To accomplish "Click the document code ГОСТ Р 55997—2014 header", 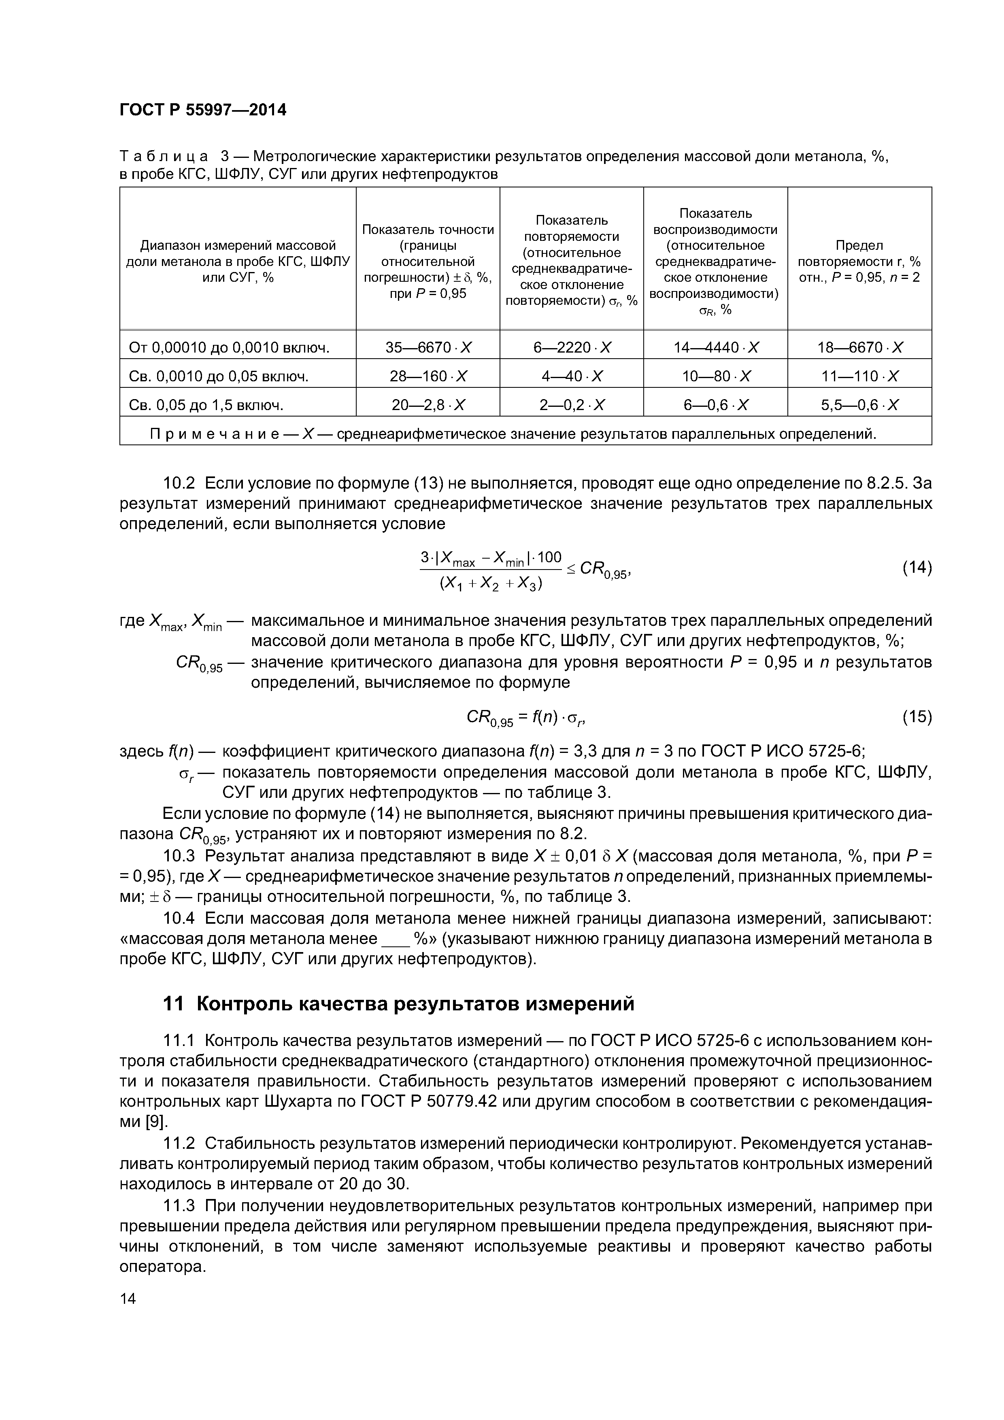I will [x=203, y=110].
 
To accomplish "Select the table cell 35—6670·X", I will [x=428, y=348].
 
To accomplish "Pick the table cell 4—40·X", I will [x=572, y=376].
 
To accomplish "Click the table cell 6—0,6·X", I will [x=716, y=405].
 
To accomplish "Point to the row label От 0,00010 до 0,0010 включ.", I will [x=229, y=348].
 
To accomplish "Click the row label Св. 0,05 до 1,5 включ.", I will [x=206, y=405].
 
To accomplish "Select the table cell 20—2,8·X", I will [x=428, y=405].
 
